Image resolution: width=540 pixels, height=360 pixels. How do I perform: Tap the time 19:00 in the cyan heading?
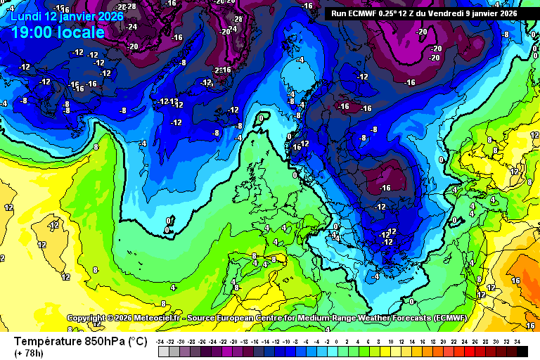[32, 32]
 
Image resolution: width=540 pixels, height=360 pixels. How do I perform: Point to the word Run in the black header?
[339, 13]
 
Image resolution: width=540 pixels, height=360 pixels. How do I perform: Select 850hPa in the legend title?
[101, 342]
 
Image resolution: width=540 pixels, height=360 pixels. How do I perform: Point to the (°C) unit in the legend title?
[137, 342]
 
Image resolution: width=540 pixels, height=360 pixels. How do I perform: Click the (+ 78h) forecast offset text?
[29, 353]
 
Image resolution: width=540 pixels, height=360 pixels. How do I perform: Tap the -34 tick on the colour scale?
[162, 341]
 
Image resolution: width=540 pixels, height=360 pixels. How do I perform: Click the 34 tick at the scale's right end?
[517, 341]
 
